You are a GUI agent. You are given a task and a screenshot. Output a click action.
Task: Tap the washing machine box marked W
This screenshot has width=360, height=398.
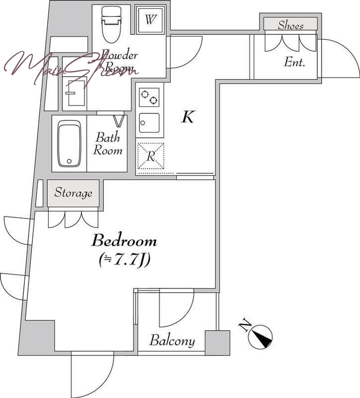tap(150, 19)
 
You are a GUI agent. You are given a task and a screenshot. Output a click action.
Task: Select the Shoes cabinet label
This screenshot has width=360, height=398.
tap(290, 25)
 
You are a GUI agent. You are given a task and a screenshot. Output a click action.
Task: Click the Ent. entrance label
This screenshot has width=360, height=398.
tap(294, 62)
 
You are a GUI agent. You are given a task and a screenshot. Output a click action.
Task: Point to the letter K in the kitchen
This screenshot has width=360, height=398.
tap(188, 117)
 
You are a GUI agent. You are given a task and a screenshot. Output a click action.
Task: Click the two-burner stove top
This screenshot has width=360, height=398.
tap(149, 97)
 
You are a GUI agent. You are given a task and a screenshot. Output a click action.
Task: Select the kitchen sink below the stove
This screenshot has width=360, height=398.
tap(149, 123)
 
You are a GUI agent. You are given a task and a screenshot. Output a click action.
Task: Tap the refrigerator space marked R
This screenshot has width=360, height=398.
tap(151, 156)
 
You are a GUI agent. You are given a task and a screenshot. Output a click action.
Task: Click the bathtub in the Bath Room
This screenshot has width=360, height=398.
tap(69, 143)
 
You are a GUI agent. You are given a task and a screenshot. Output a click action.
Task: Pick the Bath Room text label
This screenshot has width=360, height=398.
tap(108, 144)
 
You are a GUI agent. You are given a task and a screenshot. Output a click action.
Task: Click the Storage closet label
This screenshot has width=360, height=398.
tap(73, 193)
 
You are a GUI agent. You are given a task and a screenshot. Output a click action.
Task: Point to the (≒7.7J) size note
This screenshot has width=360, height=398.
tap(124, 260)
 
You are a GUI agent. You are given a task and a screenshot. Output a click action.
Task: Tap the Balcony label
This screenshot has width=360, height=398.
tap(172, 340)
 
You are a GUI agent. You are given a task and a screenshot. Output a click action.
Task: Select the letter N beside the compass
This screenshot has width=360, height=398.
tap(245, 324)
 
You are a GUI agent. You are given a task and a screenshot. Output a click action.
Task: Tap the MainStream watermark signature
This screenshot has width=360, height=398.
tap(71, 67)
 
